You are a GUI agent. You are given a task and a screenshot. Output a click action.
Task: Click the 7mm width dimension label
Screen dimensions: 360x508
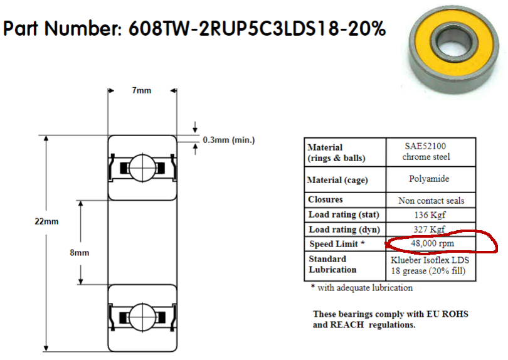click(x=141, y=90)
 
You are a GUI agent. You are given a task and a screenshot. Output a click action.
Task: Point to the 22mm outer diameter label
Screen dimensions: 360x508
click(x=48, y=221)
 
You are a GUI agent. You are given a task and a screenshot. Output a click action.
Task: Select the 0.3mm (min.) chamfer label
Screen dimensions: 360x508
click(x=229, y=140)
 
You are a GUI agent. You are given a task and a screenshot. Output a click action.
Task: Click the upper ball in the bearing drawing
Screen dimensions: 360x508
click(x=140, y=167)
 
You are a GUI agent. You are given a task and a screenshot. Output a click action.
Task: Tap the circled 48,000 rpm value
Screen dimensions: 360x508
click(x=432, y=243)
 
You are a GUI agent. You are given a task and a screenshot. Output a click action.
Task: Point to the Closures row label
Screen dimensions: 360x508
click(x=325, y=199)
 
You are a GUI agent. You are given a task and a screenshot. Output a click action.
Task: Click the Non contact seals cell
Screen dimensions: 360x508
click(x=431, y=201)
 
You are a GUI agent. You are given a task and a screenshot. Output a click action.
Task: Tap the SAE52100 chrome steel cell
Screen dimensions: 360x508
click(x=426, y=151)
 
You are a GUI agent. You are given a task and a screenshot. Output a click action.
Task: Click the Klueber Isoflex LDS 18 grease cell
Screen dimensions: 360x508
click(x=429, y=265)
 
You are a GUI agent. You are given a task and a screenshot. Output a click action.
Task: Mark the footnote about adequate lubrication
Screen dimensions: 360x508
click(x=362, y=288)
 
